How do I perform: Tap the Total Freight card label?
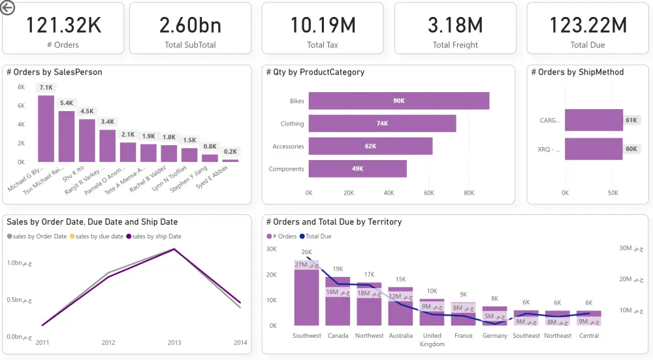455,45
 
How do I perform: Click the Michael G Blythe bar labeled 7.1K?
46,129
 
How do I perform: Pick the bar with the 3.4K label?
108,146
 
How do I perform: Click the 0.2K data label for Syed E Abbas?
231,152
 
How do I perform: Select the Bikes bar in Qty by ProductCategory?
398,101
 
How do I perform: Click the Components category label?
287,169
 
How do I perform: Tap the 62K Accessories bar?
370,146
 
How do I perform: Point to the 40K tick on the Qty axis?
389,193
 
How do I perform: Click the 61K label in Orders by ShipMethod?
631,120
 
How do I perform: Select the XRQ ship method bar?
594,149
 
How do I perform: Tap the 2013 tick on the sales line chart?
174,342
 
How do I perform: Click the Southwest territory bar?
306,297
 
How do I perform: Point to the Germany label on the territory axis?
495,336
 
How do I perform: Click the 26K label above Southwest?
306,252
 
